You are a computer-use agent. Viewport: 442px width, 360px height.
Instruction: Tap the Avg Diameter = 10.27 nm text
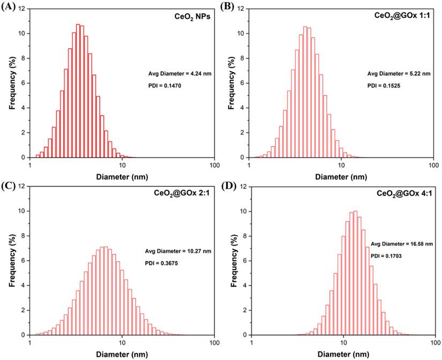pos(178,251)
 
